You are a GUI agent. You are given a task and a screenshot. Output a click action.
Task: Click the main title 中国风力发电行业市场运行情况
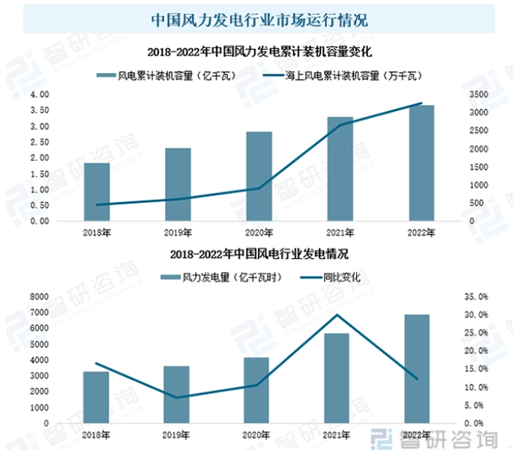click(258, 16)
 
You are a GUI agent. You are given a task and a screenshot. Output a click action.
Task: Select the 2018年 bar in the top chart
click(96, 192)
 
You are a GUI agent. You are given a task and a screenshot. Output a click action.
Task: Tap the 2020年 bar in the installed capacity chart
click(259, 176)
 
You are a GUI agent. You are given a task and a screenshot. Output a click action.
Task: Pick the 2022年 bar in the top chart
click(421, 163)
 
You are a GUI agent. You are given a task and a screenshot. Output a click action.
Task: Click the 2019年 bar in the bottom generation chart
click(177, 394)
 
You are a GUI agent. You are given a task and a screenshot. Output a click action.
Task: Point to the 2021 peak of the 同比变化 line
click(337, 315)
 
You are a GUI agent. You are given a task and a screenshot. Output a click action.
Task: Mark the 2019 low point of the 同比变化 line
click(177, 398)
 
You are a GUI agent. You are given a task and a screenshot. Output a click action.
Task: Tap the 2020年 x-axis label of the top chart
click(259, 231)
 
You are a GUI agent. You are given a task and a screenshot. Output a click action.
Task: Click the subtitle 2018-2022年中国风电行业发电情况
click(258, 255)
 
